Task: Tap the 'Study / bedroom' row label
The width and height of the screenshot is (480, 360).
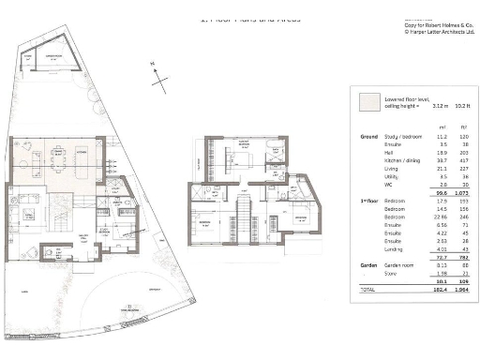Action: coord(401,136)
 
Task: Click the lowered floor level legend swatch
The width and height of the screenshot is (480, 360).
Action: coord(367,101)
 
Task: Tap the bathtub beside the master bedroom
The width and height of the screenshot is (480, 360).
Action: coord(273,146)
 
